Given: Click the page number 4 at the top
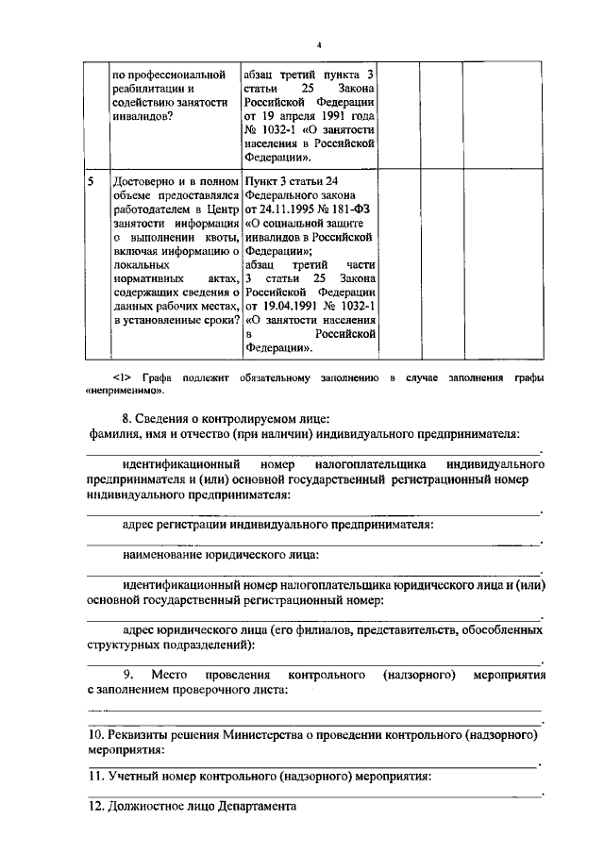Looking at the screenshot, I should (x=319, y=45).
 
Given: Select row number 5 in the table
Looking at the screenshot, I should (x=91, y=180).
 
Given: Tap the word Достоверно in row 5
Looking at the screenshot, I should (x=143, y=180).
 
